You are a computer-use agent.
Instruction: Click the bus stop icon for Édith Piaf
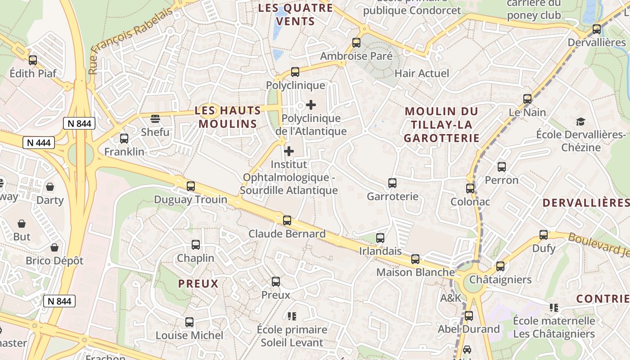(x=32, y=60)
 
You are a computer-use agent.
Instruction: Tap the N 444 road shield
(x=39, y=143)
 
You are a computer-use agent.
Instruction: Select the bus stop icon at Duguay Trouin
(x=191, y=186)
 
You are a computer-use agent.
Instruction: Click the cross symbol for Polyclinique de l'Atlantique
(x=310, y=105)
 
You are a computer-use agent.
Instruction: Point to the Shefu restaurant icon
(x=155, y=119)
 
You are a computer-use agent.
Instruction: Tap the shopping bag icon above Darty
(x=50, y=187)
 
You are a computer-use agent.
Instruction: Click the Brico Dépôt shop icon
(x=54, y=247)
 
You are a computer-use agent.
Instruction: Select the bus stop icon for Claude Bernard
(x=287, y=220)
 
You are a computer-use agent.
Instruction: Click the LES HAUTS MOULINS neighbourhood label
(x=228, y=117)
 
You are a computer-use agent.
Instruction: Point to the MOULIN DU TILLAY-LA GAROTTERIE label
(x=441, y=125)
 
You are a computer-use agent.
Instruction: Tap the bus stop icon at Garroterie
(x=392, y=183)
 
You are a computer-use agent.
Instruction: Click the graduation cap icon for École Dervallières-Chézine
(x=580, y=121)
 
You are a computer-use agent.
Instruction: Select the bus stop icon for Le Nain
(x=527, y=99)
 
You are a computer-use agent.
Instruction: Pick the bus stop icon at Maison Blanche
(x=415, y=259)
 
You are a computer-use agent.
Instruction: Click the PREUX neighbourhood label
(x=198, y=283)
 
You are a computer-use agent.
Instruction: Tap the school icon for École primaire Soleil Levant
(x=292, y=316)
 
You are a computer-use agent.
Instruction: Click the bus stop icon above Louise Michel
(x=189, y=322)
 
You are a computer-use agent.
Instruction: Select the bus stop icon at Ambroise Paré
(x=356, y=43)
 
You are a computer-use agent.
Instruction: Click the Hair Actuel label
(x=422, y=73)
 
